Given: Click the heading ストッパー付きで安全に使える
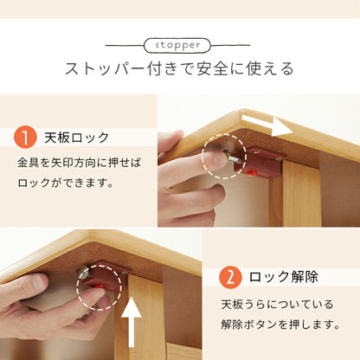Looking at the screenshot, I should coord(179,68).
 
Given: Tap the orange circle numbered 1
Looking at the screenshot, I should coord(25,138).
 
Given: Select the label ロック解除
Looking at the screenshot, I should coord(283,277).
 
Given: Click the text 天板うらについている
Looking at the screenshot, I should coord(275,305).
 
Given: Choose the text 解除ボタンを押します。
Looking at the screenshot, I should coord(280,325).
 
